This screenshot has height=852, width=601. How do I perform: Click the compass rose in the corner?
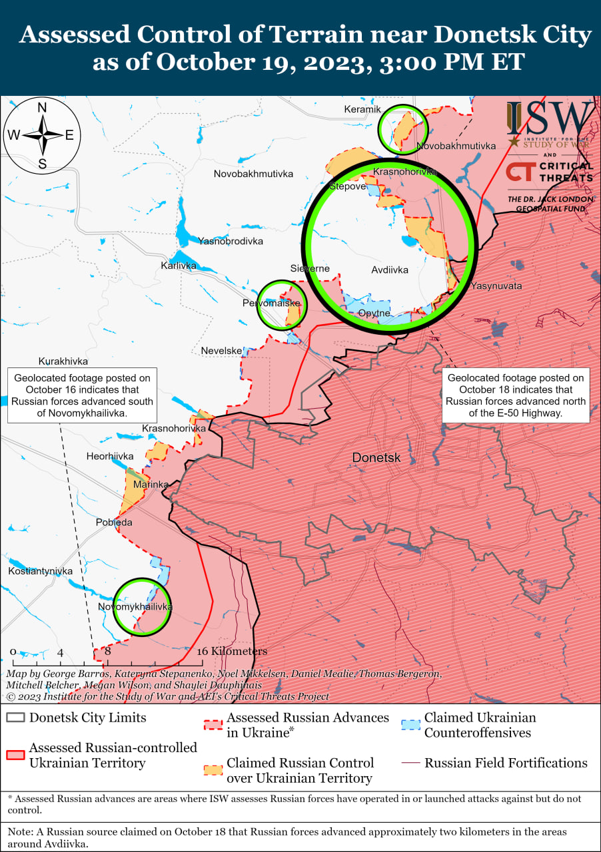(x=42, y=135)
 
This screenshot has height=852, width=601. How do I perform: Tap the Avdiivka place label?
(x=390, y=270)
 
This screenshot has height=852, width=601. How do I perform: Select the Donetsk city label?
(x=376, y=458)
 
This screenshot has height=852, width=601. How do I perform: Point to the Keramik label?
(x=362, y=109)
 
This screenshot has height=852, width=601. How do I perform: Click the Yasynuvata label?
(x=496, y=286)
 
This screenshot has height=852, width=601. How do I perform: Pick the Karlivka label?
(x=179, y=266)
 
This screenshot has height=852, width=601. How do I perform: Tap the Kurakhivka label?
(x=63, y=361)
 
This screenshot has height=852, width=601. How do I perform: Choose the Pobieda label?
(x=114, y=523)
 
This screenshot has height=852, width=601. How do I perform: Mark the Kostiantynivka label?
(x=41, y=572)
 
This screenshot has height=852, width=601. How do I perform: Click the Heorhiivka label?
(x=110, y=457)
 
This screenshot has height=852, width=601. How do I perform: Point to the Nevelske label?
(x=221, y=351)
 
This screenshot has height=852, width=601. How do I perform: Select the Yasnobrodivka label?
(x=231, y=242)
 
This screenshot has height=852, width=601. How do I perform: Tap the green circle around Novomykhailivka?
(x=140, y=606)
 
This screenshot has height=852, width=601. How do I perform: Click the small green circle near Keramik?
(x=402, y=128)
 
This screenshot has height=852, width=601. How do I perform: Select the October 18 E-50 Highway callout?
(x=516, y=395)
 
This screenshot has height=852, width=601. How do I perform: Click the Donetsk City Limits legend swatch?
(x=15, y=718)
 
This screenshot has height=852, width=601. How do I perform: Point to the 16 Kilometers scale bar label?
(x=232, y=651)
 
